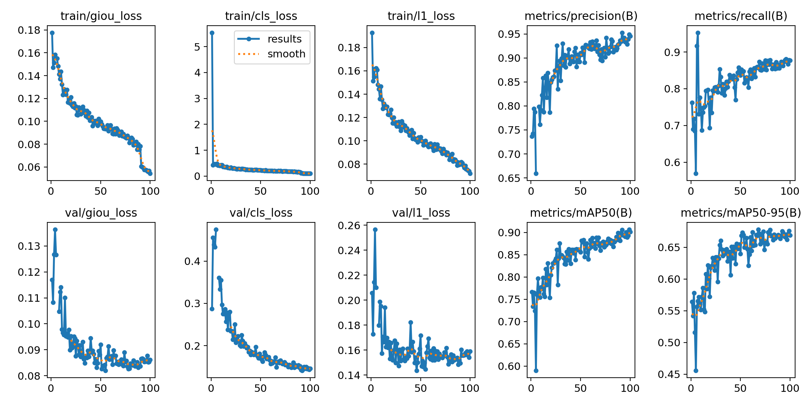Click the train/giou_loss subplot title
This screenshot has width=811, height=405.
coord(101,16)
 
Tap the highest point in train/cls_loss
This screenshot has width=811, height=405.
coord(212,33)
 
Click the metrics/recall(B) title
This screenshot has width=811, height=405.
coord(741,16)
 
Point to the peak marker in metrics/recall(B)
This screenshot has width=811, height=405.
coord(698,33)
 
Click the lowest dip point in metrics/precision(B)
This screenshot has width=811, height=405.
coord(536,173)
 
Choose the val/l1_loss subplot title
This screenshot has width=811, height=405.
coord(421,213)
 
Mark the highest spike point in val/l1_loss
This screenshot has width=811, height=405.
coord(375,230)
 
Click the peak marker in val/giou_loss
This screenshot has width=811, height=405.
coord(55,230)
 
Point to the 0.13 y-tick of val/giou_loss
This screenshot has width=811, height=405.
coord(29,246)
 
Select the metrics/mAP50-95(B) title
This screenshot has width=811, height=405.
coord(741,213)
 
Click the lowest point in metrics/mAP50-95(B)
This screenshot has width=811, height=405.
coord(696,371)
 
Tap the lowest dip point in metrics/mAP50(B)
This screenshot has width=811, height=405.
coord(536,371)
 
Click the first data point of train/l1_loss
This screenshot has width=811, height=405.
coord(372,33)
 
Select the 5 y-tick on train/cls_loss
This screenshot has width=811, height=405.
coord(197,47)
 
